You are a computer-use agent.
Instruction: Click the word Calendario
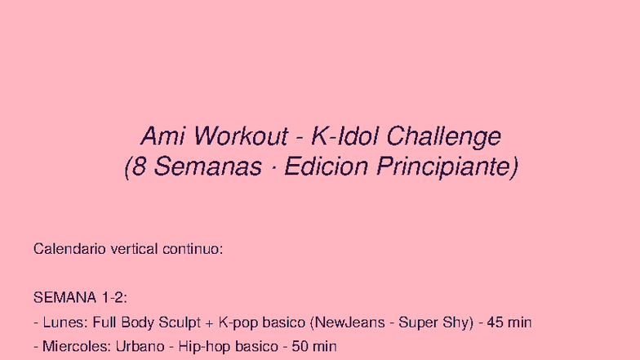pyautogui.click(x=64, y=249)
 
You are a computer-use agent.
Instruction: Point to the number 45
pyautogui.click(x=496, y=322)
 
